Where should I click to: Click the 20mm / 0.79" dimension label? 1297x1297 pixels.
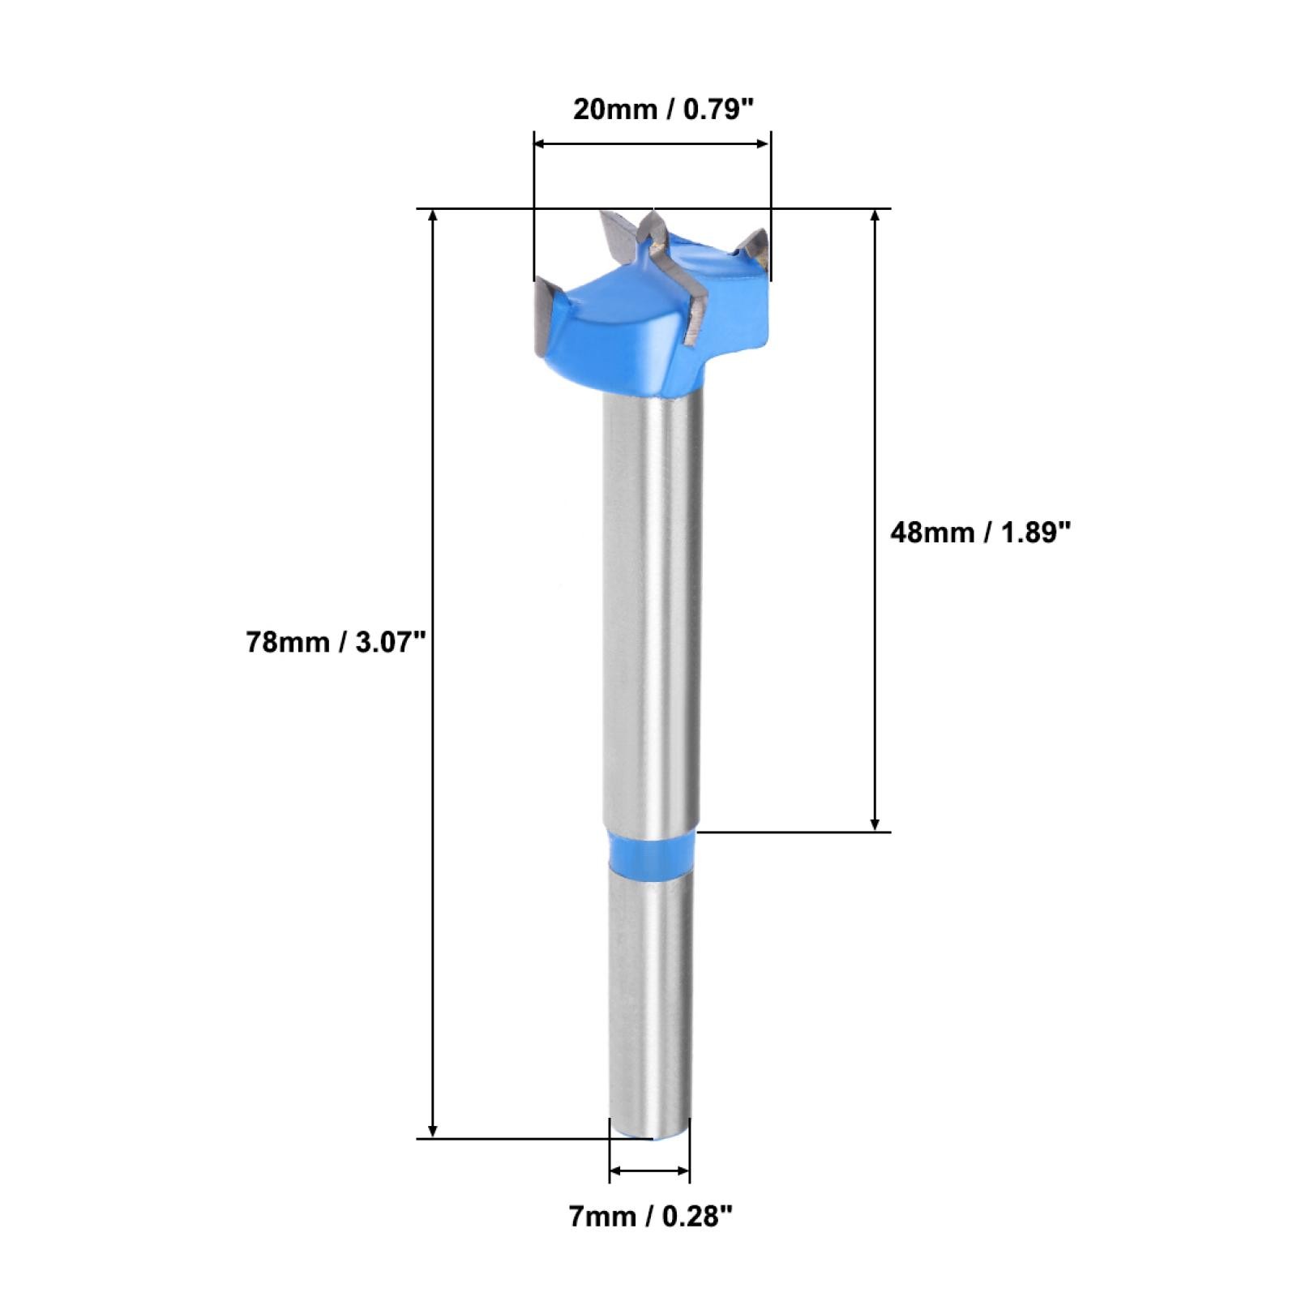pyautogui.click(x=658, y=109)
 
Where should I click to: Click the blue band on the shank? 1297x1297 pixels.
pyautogui.click(x=651, y=851)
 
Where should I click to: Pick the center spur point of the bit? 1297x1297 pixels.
pyautogui.click(x=653, y=228)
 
